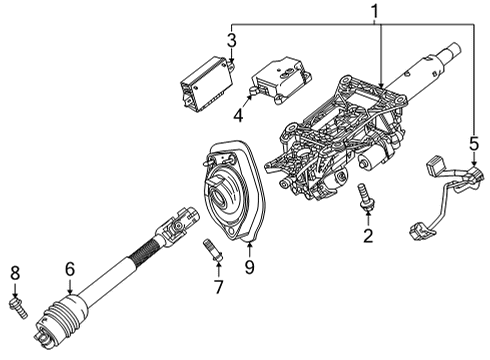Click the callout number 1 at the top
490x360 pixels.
click(x=376, y=11)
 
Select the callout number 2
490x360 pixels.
click(x=367, y=236)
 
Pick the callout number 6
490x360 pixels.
click(x=69, y=267)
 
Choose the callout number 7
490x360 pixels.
click(x=215, y=288)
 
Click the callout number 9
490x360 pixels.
click(x=250, y=267)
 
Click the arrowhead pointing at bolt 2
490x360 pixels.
click(x=366, y=216)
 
